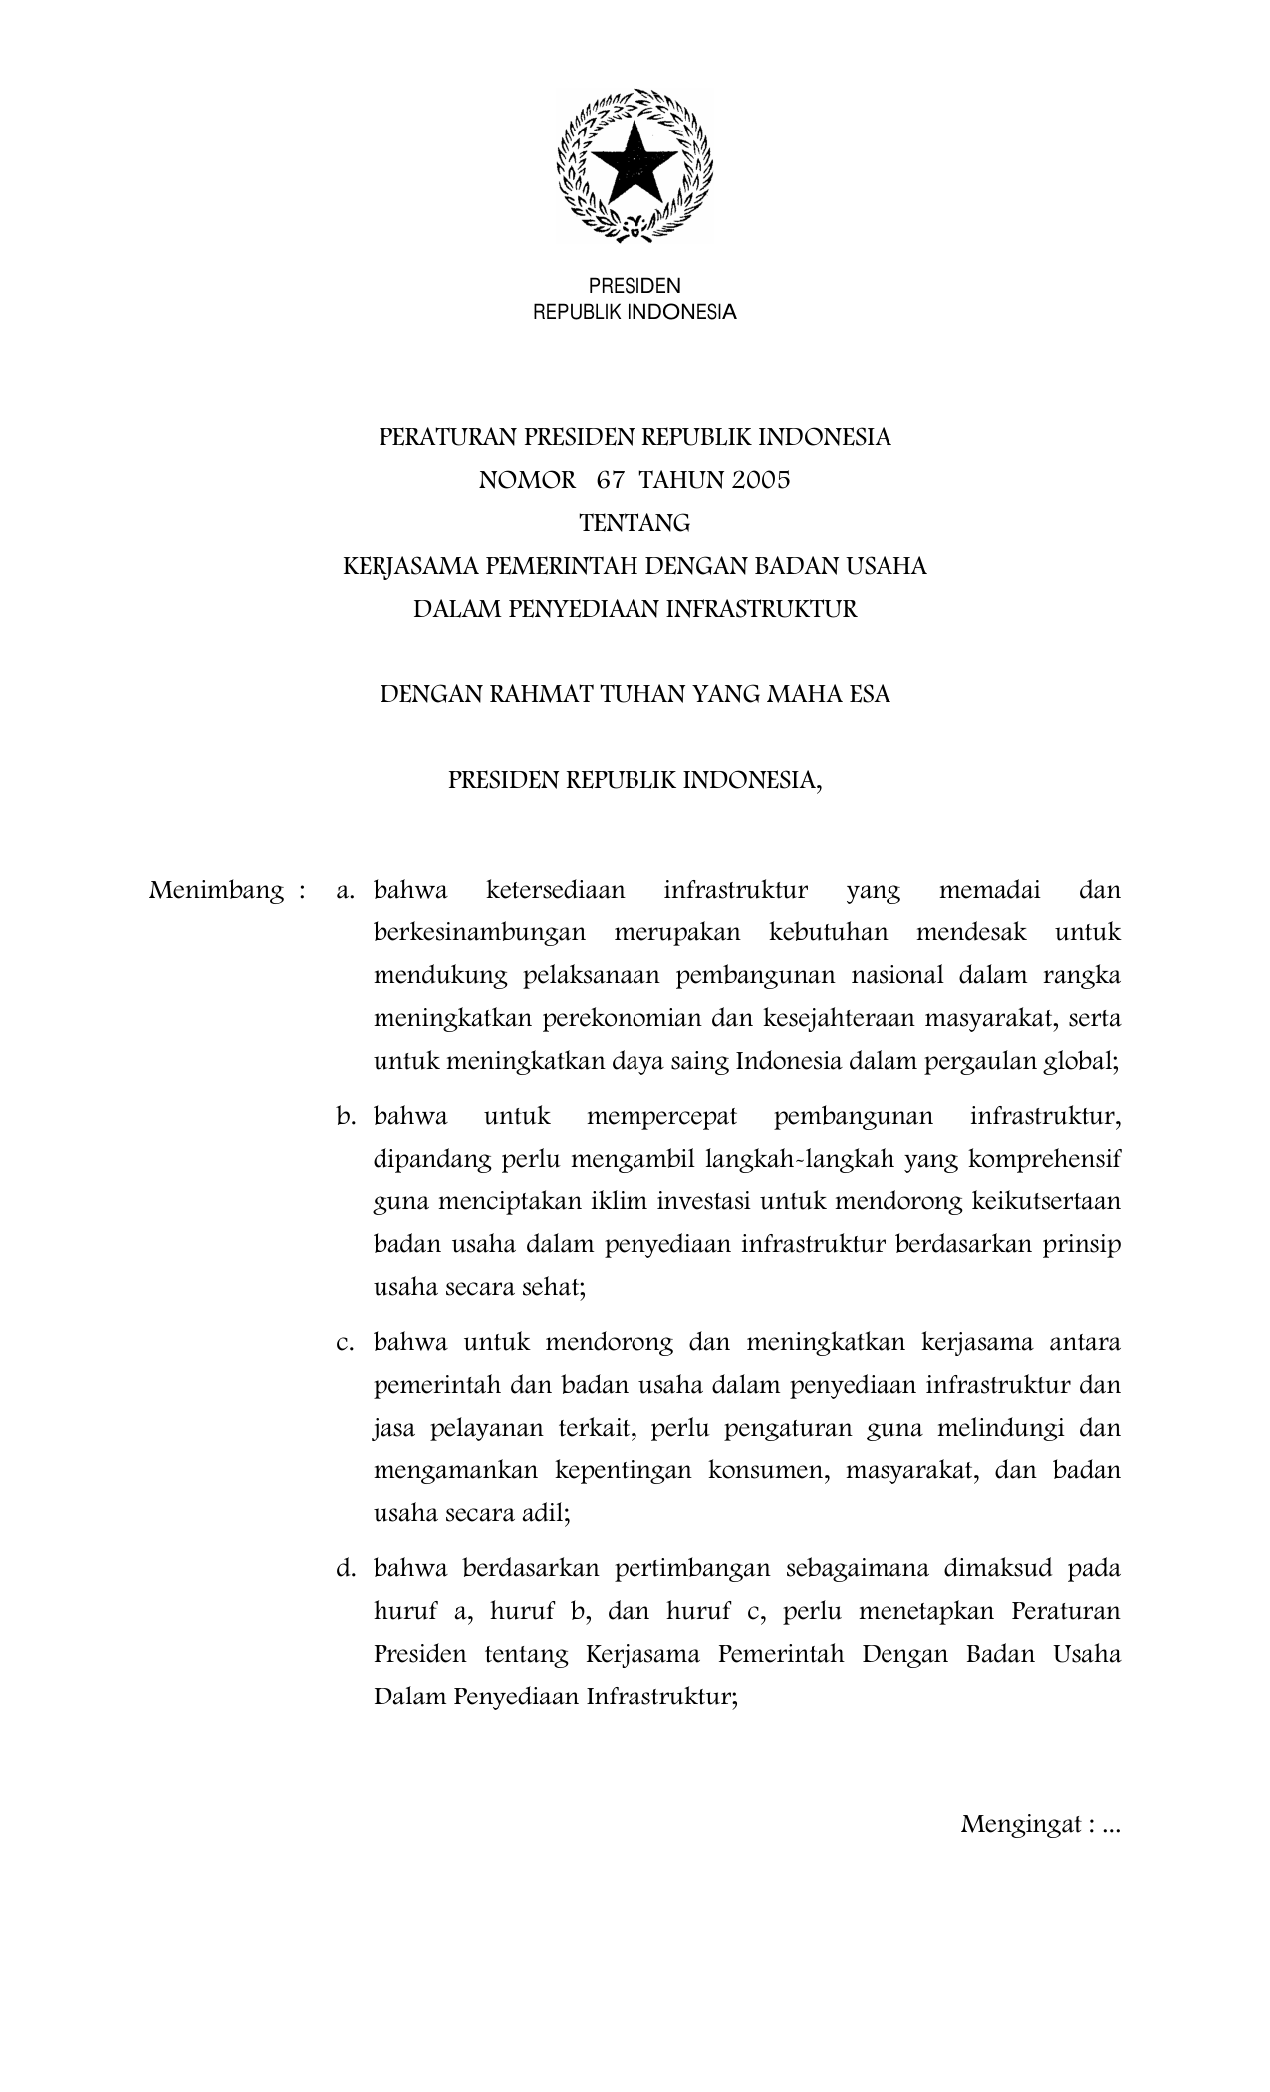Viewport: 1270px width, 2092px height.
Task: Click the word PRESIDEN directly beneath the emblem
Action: (635, 287)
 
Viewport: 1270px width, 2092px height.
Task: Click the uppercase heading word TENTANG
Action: (635, 523)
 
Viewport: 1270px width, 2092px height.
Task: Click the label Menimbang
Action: (215, 891)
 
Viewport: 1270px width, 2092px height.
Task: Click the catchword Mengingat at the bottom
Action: (1021, 1825)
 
